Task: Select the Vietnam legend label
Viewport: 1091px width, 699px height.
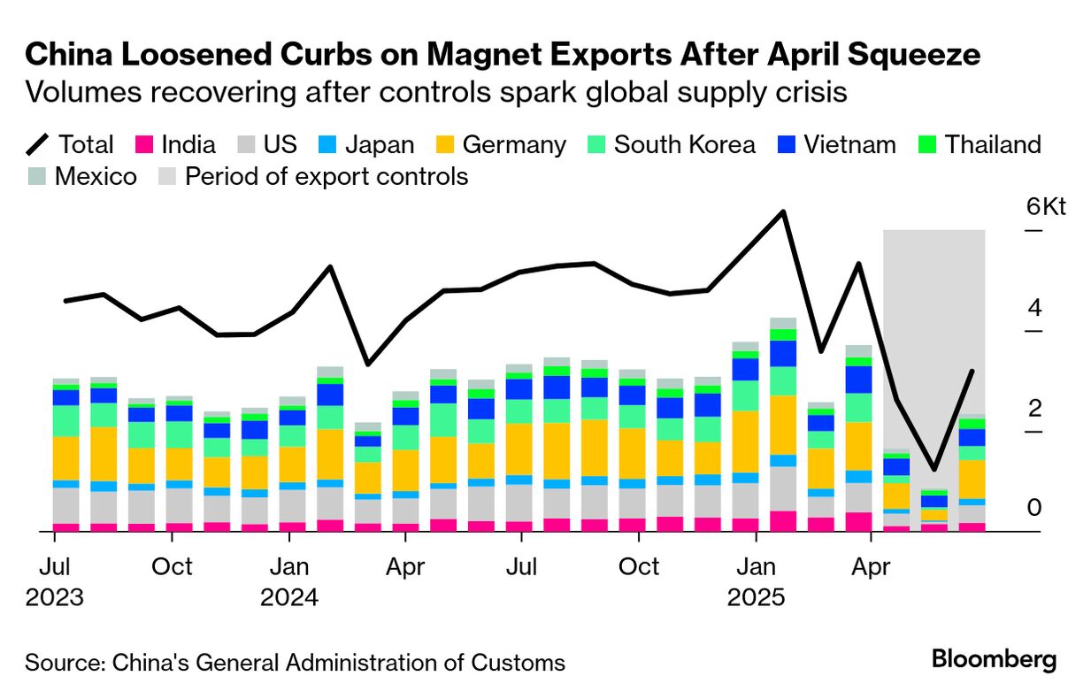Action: (849, 144)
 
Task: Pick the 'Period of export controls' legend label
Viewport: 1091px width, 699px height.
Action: (326, 176)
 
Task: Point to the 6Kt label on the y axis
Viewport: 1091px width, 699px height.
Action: (1046, 207)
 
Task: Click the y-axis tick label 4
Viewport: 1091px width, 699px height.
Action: (1033, 309)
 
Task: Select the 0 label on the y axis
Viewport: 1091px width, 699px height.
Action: (1033, 508)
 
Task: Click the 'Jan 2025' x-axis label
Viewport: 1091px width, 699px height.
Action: (756, 581)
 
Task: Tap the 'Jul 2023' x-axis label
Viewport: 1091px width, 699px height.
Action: (54, 581)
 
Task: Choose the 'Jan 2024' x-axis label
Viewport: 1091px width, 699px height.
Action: (288, 581)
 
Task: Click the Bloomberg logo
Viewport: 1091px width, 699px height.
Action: (994, 659)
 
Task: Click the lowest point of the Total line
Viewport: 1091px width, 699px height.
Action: (933, 468)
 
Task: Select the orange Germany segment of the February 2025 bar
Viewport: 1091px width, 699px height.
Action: (783, 425)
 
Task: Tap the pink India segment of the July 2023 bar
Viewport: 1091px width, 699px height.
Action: (66, 527)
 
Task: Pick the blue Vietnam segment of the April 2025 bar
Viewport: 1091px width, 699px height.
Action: (858, 380)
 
